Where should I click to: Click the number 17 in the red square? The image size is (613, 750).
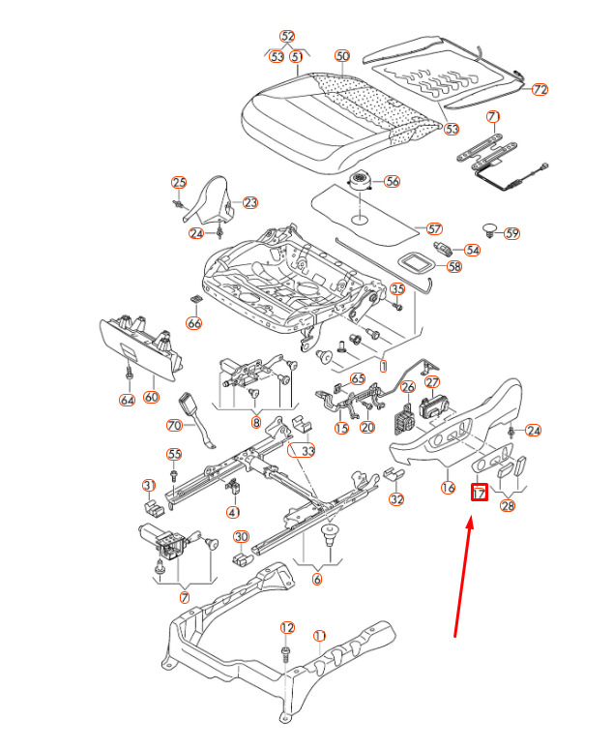(480, 493)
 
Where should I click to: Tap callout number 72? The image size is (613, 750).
(540, 89)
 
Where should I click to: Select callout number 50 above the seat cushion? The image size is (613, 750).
(342, 56)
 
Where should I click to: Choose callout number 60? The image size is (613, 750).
(151, 397)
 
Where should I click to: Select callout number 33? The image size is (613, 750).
(308, 451)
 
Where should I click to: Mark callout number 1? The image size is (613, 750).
(383, 367)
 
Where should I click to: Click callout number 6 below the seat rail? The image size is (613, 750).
(317, 579)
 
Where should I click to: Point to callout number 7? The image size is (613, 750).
(185, 597)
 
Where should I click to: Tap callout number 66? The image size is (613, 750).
(194, 323)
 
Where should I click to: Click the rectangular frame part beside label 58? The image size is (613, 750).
(416, 262)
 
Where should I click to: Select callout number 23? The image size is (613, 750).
(250, 203)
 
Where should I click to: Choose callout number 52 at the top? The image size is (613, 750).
(287, 37)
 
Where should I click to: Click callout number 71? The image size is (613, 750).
(493, 117)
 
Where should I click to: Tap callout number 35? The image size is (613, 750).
(397, 288)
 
